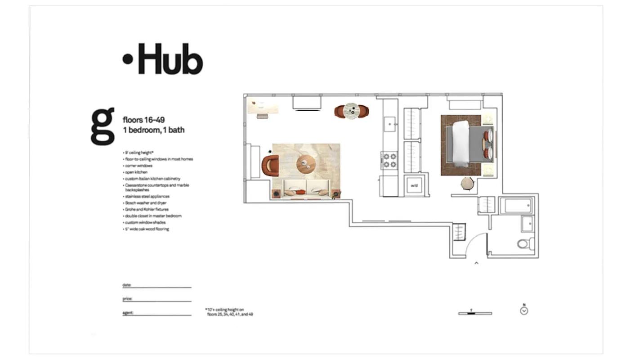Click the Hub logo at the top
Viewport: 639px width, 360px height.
coord(163,59)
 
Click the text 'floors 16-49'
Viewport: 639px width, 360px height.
coord(143,120)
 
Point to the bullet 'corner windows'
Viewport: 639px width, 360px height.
coord(139,166)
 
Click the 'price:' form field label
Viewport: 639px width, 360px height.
coord(127,299)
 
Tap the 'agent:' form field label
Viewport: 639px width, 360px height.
coord(128,312)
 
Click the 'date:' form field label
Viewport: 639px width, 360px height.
coord(127,285)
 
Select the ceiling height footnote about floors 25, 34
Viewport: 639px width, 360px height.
coord(229,312)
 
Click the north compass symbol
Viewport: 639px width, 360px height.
coord(524,310)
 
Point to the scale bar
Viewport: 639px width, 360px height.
coord(475,313)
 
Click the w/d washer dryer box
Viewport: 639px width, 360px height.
coord(414,186)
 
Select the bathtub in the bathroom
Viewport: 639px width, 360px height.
coord(517,206)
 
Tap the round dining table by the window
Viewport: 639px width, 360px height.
coord(351,111)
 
